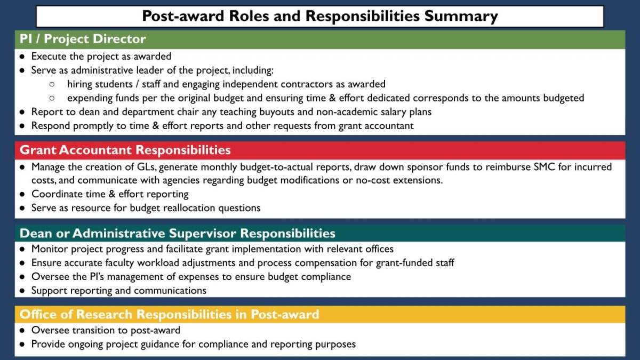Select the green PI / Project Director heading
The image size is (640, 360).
pos(83,39)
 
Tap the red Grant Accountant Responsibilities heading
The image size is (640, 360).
pos(125,150)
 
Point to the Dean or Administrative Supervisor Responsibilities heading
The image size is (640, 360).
pos(177,234)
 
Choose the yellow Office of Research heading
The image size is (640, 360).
pos(169,315)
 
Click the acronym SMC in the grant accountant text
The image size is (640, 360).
pos(534,167)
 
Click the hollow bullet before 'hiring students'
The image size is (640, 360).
pos(52,84)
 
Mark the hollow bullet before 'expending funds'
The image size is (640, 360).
pos(52,98)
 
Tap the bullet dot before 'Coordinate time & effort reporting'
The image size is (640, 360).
pos(22,195)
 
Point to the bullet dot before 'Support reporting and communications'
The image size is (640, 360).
pos(22,291)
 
